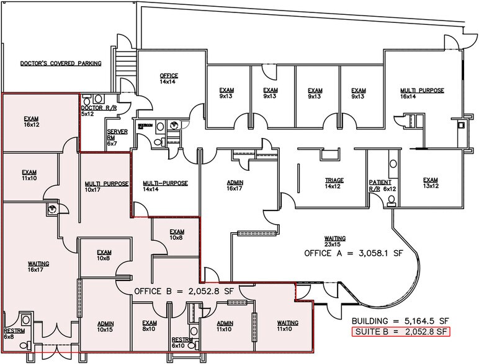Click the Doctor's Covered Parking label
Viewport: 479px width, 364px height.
tap(61, 63)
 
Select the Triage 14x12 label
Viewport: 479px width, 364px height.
tap(334, 183)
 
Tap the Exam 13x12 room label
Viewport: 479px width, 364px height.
tap(431, 183)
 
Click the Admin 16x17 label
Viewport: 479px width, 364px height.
tap(235, 185)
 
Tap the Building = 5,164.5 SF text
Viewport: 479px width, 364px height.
tap(400, 321)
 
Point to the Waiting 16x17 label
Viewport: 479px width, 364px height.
tap(38, 266)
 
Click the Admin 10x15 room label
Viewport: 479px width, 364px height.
tap(105, 326)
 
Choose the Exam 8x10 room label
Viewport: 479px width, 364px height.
tap(149, 326)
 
